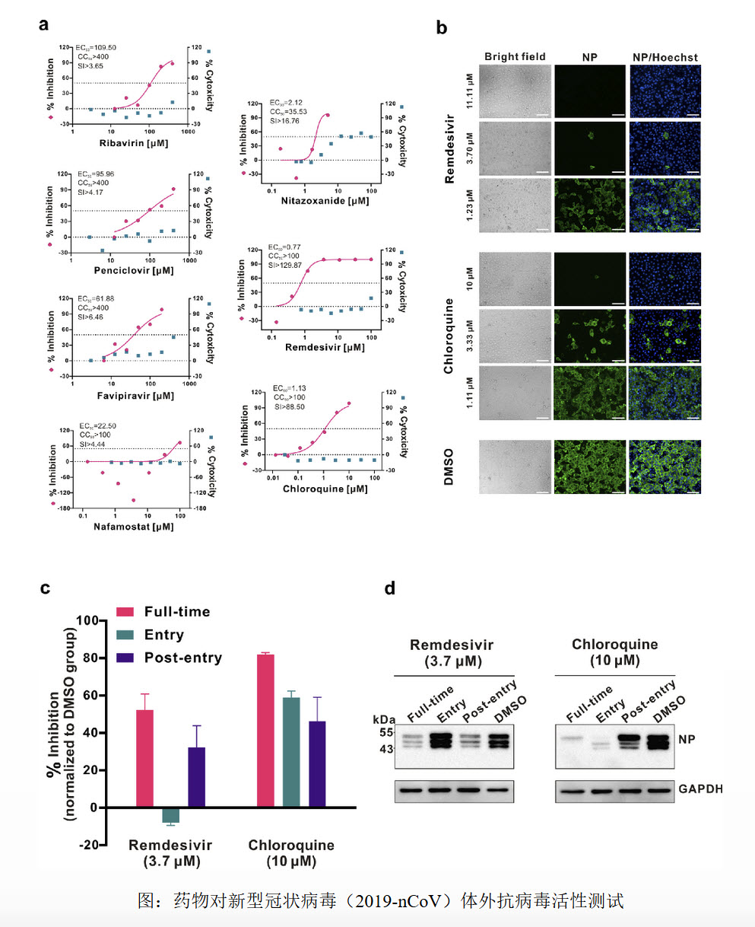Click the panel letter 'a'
(45, 24)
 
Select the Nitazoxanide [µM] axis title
(314, 201)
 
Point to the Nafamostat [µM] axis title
(122, 527)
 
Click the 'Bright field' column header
(515, 56)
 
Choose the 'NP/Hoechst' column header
(665, 56)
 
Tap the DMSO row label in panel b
(449, 466)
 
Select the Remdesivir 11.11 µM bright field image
(515, 92)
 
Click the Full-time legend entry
(163, 611)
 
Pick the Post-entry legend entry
(169, 658)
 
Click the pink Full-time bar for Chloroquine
(266, 731)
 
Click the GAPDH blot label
(701, 789)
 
